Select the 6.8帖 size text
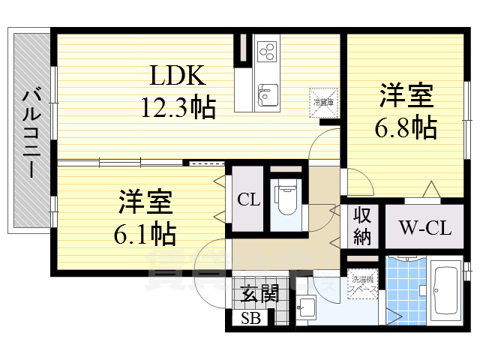[406, 127]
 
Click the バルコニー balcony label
[31, 132]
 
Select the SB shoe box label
[250, 318]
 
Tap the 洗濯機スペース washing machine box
[363, 285]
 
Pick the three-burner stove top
[267, 51]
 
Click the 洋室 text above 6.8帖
[406, 97]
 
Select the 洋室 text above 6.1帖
[145, 202]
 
